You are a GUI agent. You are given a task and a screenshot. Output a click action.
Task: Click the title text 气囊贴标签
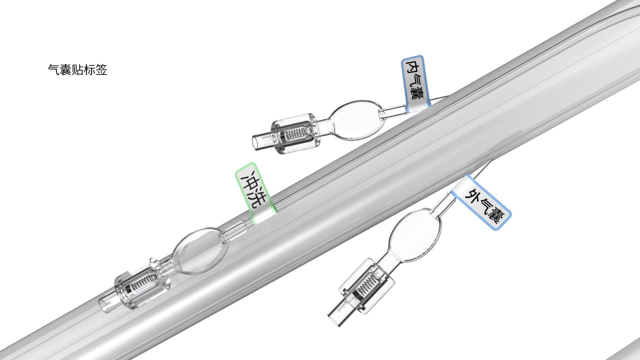tap(77, 70)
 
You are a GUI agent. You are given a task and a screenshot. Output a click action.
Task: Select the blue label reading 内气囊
tap(415, 83)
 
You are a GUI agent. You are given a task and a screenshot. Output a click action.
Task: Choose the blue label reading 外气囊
tap(481, 202)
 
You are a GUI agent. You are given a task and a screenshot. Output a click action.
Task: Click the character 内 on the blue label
tap(412, 67)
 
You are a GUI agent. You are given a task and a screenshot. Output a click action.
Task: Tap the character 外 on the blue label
tap(471, 193)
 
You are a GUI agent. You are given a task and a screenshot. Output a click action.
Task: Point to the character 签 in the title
tap(101, 70)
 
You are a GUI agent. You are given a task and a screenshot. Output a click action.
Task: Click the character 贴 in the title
tap(77, 70)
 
